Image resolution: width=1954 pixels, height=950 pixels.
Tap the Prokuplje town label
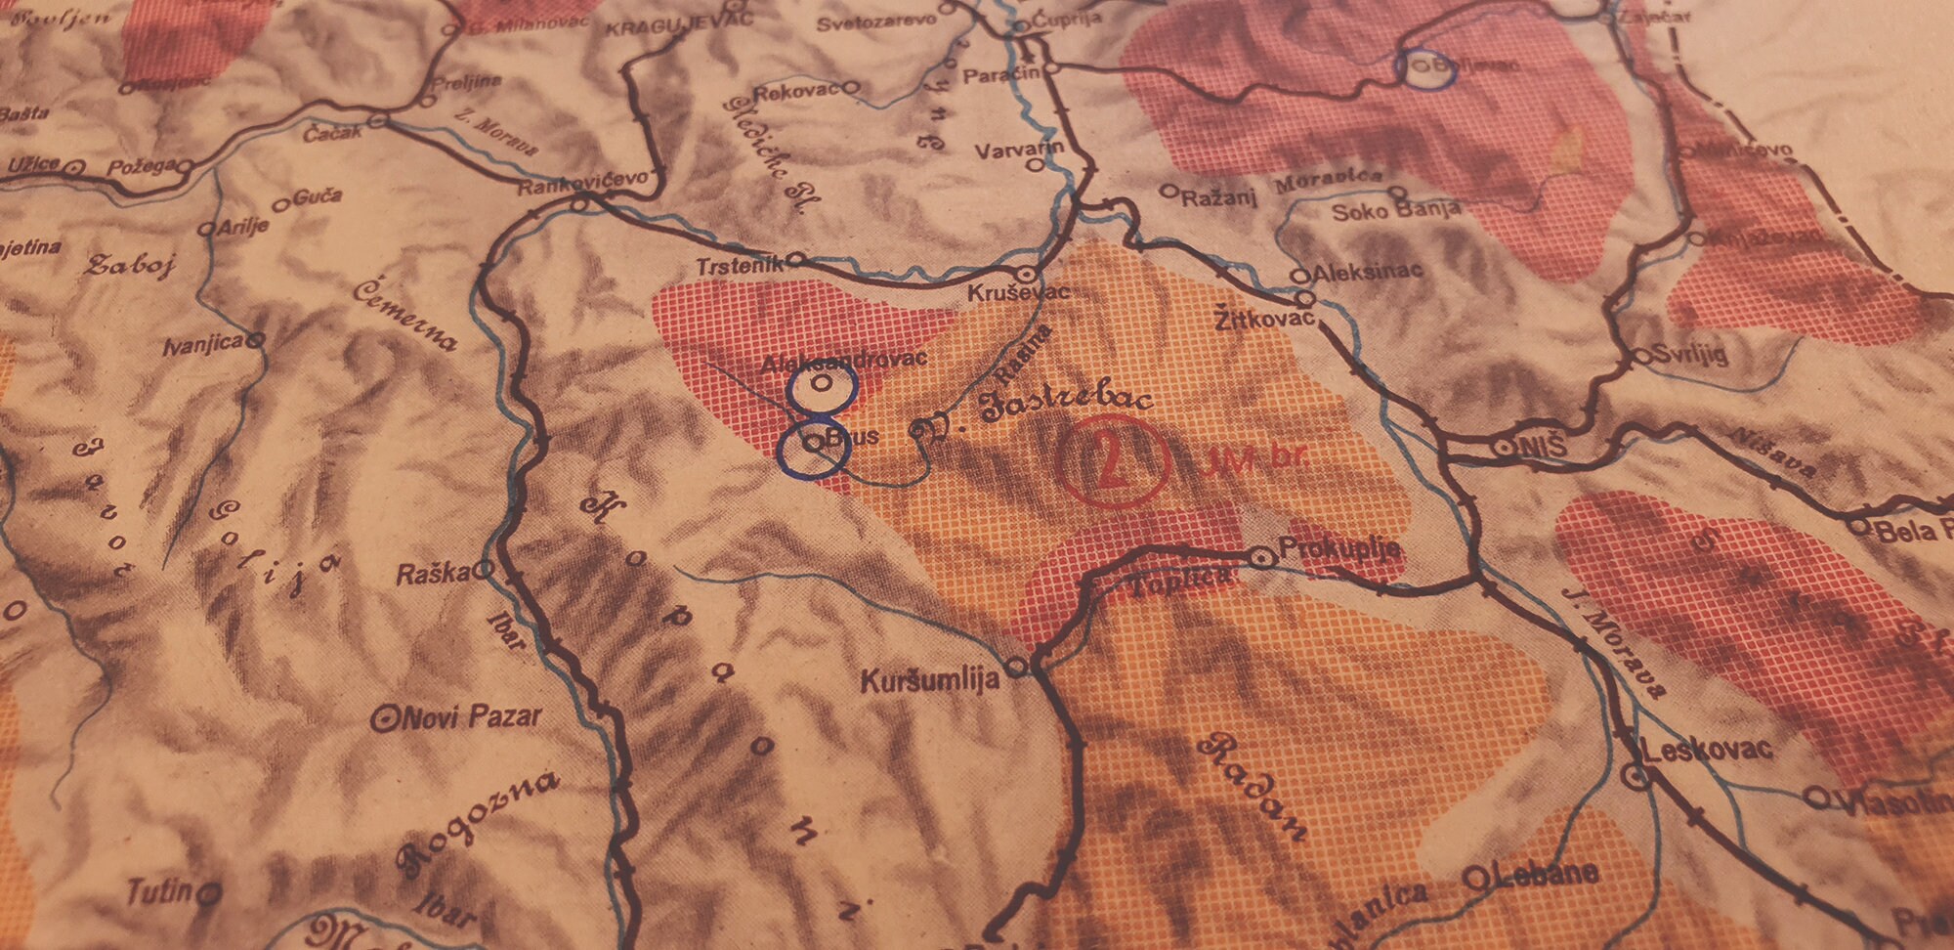(1339, 549)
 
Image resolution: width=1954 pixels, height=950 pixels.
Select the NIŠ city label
(1543, 447)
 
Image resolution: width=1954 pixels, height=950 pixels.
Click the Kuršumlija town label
(929, 679)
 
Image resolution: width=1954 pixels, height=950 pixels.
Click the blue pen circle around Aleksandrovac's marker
(823, 387)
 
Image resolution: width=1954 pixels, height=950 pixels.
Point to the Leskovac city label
(1707, 750)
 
